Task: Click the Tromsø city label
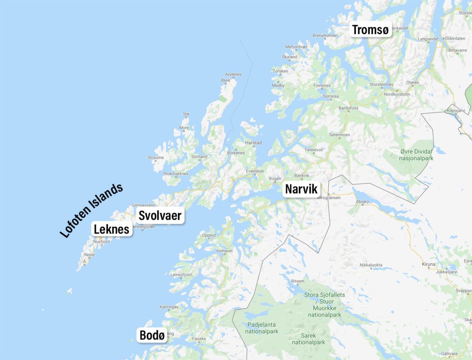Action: click(370, 30)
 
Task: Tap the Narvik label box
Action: click(301, 189)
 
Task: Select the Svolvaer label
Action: click(160, 215)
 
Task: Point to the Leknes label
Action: click(111, 229)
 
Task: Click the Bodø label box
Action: click(152, 335)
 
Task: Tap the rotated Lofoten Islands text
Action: click(92, 210)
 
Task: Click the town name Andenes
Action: click(233, 74)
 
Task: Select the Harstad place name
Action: click(253, 143)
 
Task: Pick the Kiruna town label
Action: click(429, 264)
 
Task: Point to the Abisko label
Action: click(362, 201)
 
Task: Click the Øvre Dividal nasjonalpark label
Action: click(416, 155)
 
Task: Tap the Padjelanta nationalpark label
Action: click(263, 328)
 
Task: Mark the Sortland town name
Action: click(199, 157)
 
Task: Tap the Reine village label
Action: click(89, 254)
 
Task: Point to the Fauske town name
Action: click(199, 339)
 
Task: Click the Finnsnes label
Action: click(322, 86)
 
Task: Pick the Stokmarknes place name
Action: click(176, 173)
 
